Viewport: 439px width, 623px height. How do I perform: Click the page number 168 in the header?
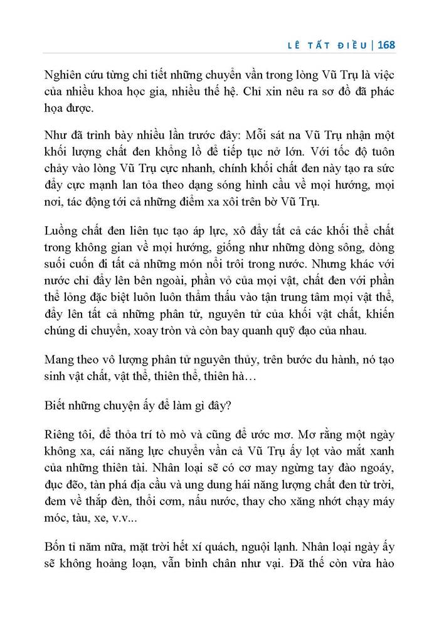382,45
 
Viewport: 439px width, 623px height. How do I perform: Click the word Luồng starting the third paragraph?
64,231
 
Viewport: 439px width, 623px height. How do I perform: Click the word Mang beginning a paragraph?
61,361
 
